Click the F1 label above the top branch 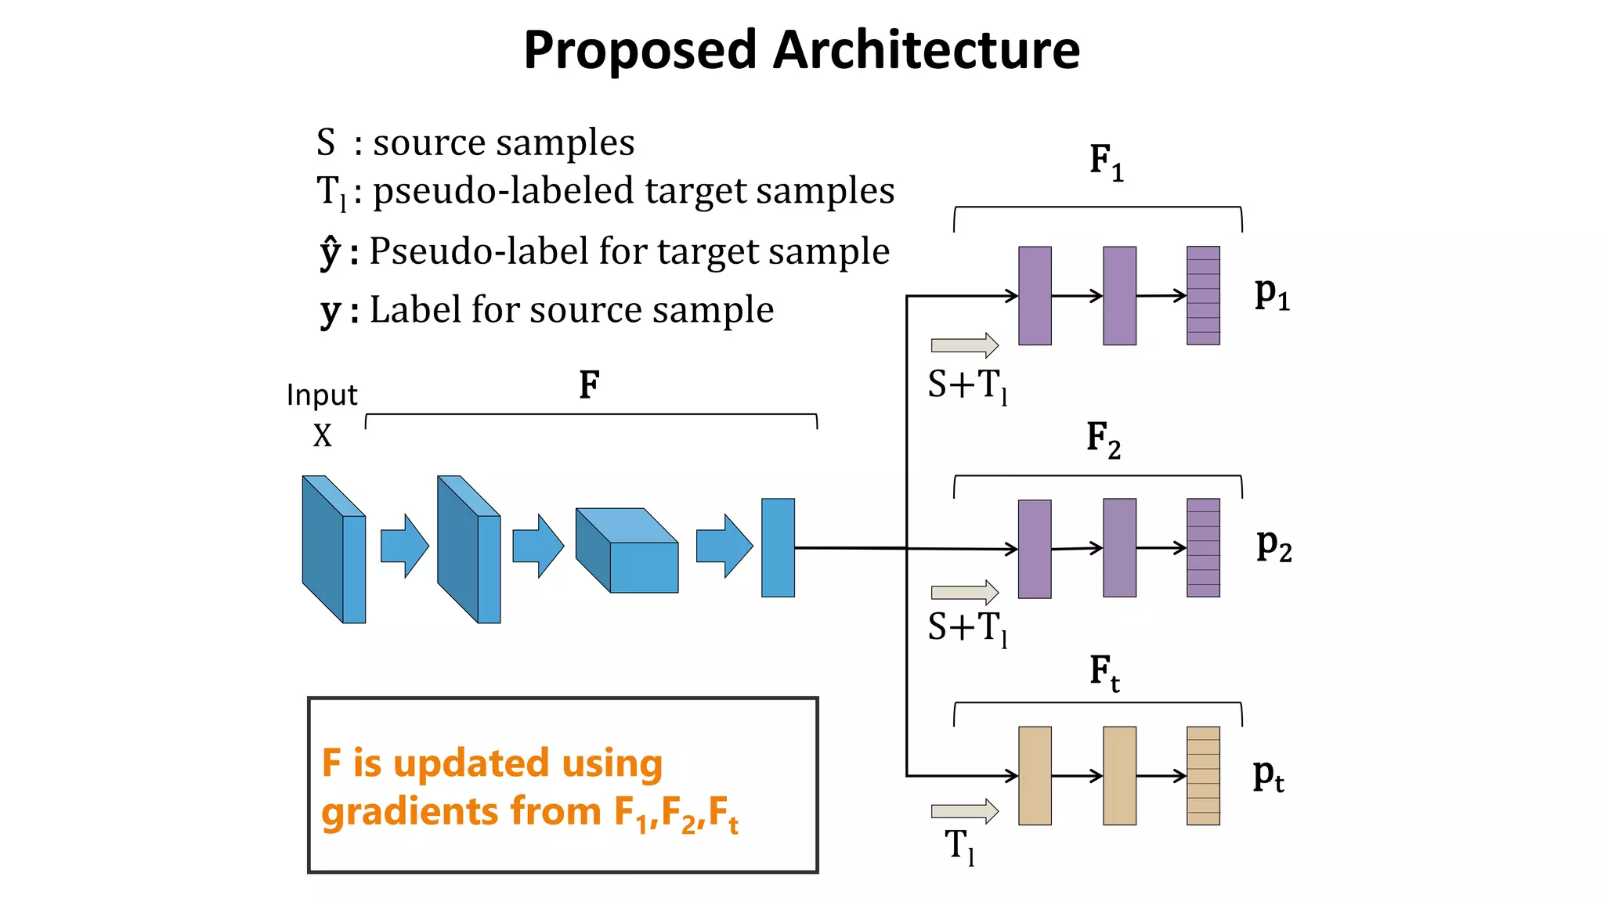point(1106,162)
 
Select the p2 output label point(1273,545)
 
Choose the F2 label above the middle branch point(1103,439)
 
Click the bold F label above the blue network point(589,385)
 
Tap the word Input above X point(322,395)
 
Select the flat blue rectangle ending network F point(778,547)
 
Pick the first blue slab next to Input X point(334,550)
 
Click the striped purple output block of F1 point(1203,296)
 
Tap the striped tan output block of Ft point(1203,775)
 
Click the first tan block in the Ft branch point(1035,775)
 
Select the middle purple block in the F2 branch point(1119,548)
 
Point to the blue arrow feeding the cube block point(538,546)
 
